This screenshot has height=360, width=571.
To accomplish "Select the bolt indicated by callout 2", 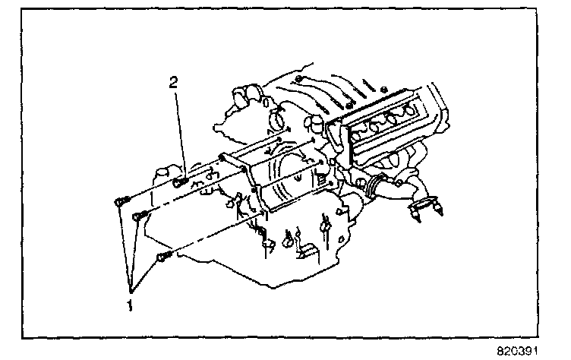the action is pos(179,182).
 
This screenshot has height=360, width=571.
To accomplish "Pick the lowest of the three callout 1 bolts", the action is pos(161,258).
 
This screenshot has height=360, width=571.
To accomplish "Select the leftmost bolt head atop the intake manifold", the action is pos(300,81).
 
